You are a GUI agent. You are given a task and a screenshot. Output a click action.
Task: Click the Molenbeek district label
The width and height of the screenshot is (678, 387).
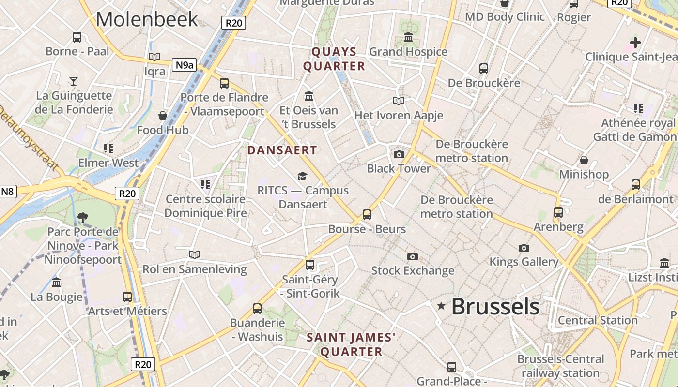[147, 19]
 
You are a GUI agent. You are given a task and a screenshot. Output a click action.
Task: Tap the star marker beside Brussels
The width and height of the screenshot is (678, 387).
[441, 306]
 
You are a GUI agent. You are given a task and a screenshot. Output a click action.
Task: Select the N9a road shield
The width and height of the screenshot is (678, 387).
[184, 65]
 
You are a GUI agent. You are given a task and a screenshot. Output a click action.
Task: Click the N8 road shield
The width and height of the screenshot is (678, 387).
[7, 192]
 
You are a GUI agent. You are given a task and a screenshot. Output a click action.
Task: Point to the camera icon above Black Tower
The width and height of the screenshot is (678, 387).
[399, 154]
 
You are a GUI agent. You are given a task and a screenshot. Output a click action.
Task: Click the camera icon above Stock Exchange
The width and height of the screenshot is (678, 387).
[413, 256]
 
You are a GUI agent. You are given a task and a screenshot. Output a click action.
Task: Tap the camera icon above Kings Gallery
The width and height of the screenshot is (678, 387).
[524, 248]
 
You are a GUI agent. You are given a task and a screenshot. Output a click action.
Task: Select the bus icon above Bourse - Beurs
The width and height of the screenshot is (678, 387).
[367, 214]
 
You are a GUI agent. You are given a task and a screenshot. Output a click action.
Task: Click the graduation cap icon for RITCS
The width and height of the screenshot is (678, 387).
[303, 176]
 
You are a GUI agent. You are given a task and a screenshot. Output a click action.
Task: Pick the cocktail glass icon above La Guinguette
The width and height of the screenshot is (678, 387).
[74, 81]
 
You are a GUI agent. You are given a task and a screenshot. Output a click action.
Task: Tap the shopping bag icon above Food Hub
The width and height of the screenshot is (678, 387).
[163, 116]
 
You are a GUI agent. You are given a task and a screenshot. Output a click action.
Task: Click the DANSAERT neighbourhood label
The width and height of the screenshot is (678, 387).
[282, 150]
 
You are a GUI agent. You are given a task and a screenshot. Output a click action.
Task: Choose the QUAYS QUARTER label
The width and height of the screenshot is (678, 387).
[334, 59]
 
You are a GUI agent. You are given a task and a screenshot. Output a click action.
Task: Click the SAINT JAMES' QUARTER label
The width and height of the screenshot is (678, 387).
[352, 344]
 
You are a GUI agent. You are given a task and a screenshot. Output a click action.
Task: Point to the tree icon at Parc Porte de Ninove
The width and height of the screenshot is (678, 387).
[83, 217]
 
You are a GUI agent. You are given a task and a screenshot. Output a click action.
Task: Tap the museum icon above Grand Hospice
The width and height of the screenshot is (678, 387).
[408, 37]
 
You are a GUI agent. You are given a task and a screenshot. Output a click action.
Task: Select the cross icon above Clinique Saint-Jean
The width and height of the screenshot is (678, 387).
[635, 43]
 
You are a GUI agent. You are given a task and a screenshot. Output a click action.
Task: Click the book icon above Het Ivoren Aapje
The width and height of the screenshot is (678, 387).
[399, 101]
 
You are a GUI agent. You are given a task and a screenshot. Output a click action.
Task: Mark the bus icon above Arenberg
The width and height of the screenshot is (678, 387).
[558, 212]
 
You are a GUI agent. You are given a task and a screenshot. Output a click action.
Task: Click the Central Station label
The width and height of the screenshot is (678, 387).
[598, 320]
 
